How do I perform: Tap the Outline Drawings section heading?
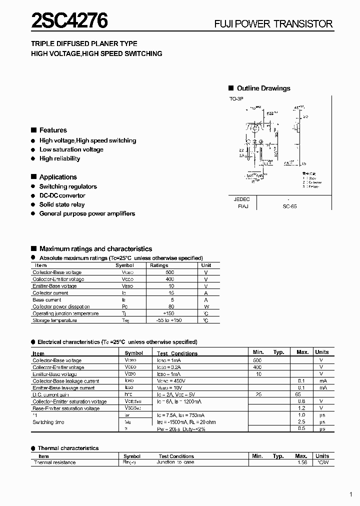[x=263, y=88]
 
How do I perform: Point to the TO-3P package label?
[x=236, y=99]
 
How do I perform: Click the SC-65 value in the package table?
[x=289, y=206]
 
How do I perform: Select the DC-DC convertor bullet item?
[x=62, y=195]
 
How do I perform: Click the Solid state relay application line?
[x=62, y=204]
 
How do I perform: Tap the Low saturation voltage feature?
[x=71, y=149]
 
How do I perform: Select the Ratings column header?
[x=159, y=265]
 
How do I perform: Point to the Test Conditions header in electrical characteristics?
[x=177, y=353]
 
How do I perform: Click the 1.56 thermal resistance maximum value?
[x=301, y=463]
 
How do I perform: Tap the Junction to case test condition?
[x=175, y=463]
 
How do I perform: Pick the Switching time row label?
[x=48, y=422]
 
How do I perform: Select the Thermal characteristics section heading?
[x=68, y=448]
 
